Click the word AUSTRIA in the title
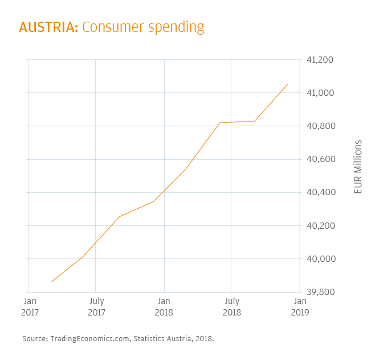click(48, 27)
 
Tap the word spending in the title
click(176, 28)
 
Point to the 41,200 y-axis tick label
click(320, 59)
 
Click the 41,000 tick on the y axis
click(320, 92)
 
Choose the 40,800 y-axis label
click(320, 126)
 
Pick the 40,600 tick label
click(320, 159)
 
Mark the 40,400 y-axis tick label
click(320, 192)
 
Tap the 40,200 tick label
click(320, 225)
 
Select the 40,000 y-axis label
click(320, 258)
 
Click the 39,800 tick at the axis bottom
click(320, 292)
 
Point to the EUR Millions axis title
click(358, 167)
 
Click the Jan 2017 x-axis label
click(30, 306)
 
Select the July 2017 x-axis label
click(96, 306)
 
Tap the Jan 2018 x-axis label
click(164, 306)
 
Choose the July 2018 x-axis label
click(231, 306)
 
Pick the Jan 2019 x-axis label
click(300, 306)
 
